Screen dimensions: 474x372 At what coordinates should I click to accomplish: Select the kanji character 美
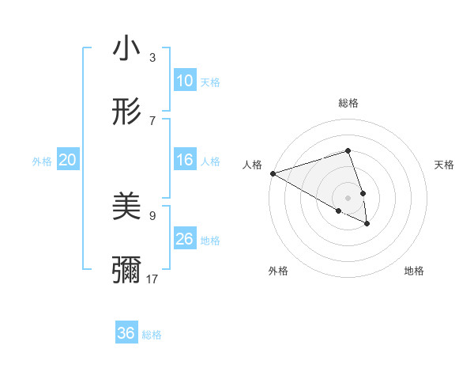(126, 207)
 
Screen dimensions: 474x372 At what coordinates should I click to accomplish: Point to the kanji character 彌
(126, 270)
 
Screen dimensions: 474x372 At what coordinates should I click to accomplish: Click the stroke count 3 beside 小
(152, 58)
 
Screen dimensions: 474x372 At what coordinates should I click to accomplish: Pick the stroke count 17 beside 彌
(152, 279)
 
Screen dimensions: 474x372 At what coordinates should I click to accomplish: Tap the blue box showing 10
(184, 81)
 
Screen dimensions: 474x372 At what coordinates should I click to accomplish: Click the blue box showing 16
(184, 160)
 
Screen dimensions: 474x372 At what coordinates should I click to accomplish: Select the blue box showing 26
(184, 239)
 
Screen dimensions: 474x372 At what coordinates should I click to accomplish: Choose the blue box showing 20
(67, 160)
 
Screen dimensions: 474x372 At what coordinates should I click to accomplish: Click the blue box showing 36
(126, 333)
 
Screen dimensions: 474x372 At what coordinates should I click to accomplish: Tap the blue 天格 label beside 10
(210, 82)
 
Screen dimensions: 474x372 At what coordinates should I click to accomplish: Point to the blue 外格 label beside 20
(42, 161)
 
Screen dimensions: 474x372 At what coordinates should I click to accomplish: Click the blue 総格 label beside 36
(152, 335)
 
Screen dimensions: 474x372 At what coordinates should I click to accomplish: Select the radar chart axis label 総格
(348, 103)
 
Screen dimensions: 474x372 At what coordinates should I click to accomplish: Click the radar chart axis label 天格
(445, 165)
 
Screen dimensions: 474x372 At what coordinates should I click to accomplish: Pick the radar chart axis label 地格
(414, 271)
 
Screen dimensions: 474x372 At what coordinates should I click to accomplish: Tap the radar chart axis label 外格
(278, 271)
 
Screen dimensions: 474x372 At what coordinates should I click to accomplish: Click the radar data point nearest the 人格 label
(273, 173)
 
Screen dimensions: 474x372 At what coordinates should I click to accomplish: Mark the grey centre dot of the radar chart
(348, 197)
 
